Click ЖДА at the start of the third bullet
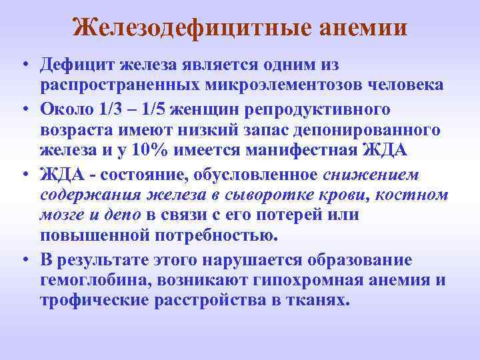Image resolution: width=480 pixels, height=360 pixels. (x=59, y=173)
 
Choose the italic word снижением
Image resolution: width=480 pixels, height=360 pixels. (x=371, y=173)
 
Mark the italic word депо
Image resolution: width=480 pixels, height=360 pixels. (x=123, y=216)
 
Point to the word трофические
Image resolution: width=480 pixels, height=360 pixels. (x=95, y=302)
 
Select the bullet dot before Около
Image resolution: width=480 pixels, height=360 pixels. (x=24, y=109)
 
